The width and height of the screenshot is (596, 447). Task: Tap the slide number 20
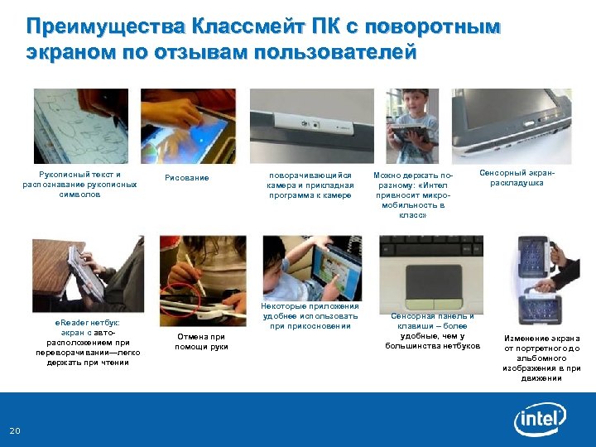(x=15, y=430)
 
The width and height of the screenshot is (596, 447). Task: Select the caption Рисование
(x=187, y=178)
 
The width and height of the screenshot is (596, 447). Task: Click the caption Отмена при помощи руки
(x=200, y=341)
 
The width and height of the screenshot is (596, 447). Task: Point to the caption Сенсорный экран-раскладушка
(x=517, y=178)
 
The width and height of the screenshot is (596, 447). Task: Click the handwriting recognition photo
(x=80, y=126)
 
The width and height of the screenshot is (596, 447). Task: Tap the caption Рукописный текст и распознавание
(x=80, y=185)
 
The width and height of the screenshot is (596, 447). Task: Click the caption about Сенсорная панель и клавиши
(x=432, y=330)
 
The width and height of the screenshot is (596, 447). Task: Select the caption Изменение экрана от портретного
(x=542, y=358)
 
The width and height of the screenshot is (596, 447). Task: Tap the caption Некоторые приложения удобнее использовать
(x=310, y=316)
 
